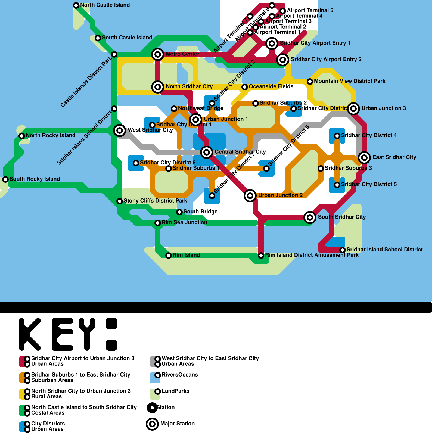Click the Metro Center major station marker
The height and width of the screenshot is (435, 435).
tap(158, 54)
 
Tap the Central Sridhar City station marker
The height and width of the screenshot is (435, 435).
tap(207, 152)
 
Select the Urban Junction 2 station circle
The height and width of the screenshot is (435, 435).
tap(250, 195)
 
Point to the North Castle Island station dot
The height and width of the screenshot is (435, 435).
tap(76, 5)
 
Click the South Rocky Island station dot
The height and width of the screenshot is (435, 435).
tap(5, 179)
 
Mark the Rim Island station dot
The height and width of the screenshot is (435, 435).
tap(169, 255)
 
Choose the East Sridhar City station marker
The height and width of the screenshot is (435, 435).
tap(364, 157)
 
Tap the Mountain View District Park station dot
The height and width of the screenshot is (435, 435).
tap(310, 81)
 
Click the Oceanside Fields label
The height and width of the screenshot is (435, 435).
tap(271, 86)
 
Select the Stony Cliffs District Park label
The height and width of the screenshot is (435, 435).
tap(155, 201)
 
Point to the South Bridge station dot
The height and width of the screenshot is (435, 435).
tap(179, 212)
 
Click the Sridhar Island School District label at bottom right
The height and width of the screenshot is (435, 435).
tap(384, 250)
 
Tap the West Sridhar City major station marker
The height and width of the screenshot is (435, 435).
tap(120, 130)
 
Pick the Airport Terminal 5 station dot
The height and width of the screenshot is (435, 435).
tap(283, 11)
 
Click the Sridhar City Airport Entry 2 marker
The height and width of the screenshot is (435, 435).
tap(283, 60)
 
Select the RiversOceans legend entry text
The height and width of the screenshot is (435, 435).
tap(180, 375)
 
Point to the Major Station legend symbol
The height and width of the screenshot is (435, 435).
tap(152, 424)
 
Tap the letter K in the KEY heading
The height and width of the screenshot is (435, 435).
tap(30, 334)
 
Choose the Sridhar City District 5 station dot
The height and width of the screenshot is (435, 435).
tap(337, 185)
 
